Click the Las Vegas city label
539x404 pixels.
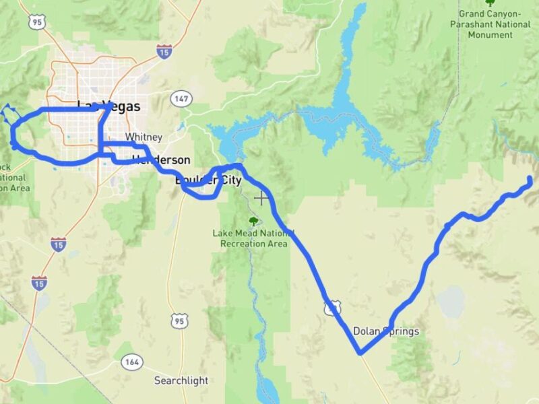click(109, 106)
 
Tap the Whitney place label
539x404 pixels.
click(144, 137)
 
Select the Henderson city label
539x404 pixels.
click(161, 160)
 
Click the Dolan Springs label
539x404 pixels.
click(386, 331)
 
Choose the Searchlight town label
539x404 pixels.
click(181, 380)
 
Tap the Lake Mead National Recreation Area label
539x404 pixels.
click(253, 238)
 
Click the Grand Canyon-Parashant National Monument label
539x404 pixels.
click(490, 24)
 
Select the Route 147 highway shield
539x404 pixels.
click(181, 98)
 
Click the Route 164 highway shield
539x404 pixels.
click(132, 362)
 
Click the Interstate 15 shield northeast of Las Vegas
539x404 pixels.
click(164, 49)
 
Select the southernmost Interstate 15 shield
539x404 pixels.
click(39, 281)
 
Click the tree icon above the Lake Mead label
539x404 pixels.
click(253, 221)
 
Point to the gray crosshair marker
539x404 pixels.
click(261, 198)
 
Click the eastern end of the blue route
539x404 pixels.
click(530, 178)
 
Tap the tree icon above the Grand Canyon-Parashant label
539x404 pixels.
click(490, 2)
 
